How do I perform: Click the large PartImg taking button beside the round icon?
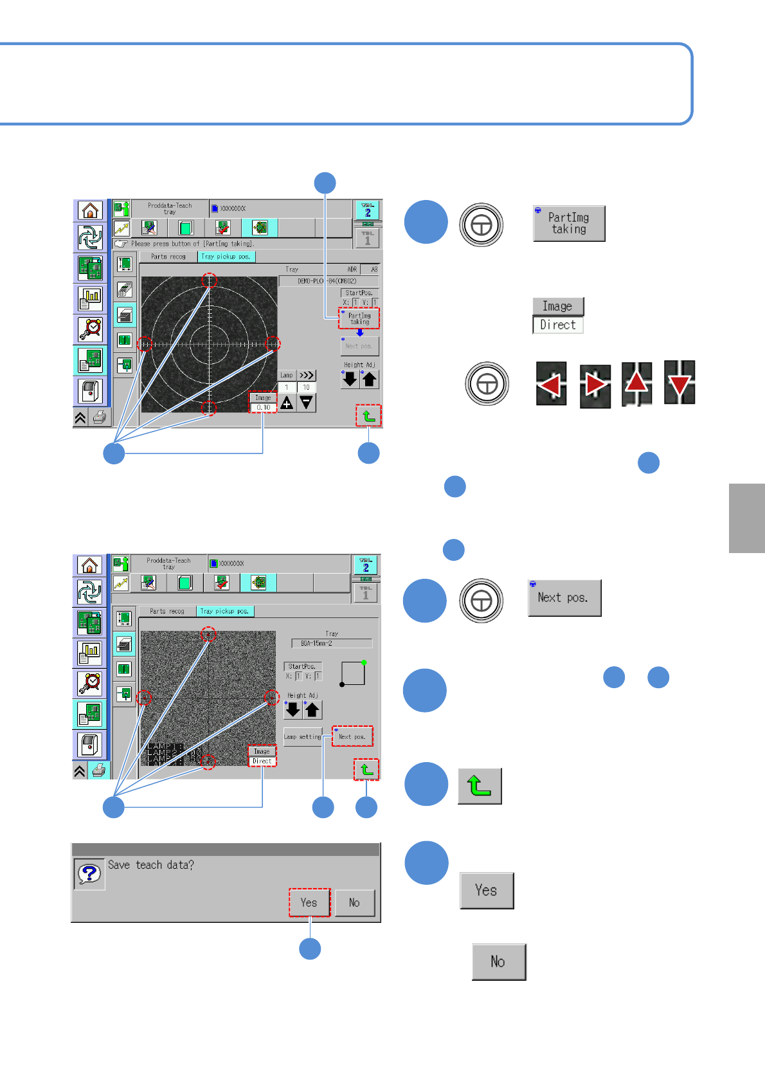point(569,224)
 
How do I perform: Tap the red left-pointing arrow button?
point(551,385)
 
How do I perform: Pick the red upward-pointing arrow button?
point(636,383)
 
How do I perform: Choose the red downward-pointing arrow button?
point(679,383)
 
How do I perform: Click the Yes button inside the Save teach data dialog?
point(309,902)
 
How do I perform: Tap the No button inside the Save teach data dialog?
point(354,902)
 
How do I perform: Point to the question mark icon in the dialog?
point(89,873)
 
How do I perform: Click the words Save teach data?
point(151,865)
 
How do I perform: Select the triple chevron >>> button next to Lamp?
point(307,375)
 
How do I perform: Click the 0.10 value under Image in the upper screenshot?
point(264,407)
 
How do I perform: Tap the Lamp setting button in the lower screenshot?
point(302,736)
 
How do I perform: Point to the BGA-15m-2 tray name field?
point(331,643)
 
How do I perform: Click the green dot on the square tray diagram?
point(364,662)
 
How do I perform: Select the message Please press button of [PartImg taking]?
point(193,244)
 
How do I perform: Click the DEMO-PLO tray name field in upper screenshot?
point(328,281)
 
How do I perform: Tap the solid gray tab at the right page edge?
point(747,518)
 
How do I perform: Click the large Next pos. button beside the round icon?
point(564,597)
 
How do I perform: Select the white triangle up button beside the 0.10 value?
point(287,403)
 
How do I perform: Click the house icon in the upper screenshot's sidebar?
point(91,210)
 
